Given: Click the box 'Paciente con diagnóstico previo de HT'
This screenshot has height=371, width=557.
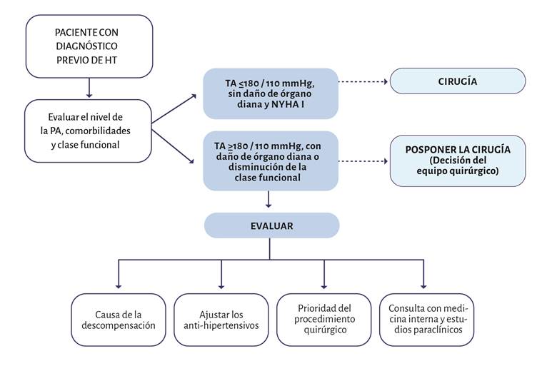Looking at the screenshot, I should tap(89, 46).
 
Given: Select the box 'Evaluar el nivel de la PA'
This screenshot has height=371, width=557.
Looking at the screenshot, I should tap(89, 131).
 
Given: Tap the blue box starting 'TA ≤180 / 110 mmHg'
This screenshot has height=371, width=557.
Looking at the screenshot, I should tap(269, 93).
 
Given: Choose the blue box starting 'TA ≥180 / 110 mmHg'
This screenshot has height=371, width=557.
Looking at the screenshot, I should tap(269, 161).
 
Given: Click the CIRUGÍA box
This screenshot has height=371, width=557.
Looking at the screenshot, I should tap(457, 81).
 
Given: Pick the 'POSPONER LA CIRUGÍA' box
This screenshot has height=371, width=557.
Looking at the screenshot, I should tap(457, 161).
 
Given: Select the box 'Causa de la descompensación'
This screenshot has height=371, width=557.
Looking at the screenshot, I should tap(118, 319).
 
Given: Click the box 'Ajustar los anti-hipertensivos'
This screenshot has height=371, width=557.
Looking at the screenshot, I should tap(220, 319).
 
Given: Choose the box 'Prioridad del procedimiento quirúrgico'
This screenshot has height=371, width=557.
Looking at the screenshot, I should tap(323, 319).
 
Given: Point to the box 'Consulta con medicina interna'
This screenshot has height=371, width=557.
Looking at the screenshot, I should tap(427, 319).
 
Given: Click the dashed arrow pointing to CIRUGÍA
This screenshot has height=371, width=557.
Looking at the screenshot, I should tap(361, 81).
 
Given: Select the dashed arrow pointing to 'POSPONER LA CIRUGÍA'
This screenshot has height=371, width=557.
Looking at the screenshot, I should tap(361, 161).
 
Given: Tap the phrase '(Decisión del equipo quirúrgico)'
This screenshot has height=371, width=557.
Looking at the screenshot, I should tap(457, 166).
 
